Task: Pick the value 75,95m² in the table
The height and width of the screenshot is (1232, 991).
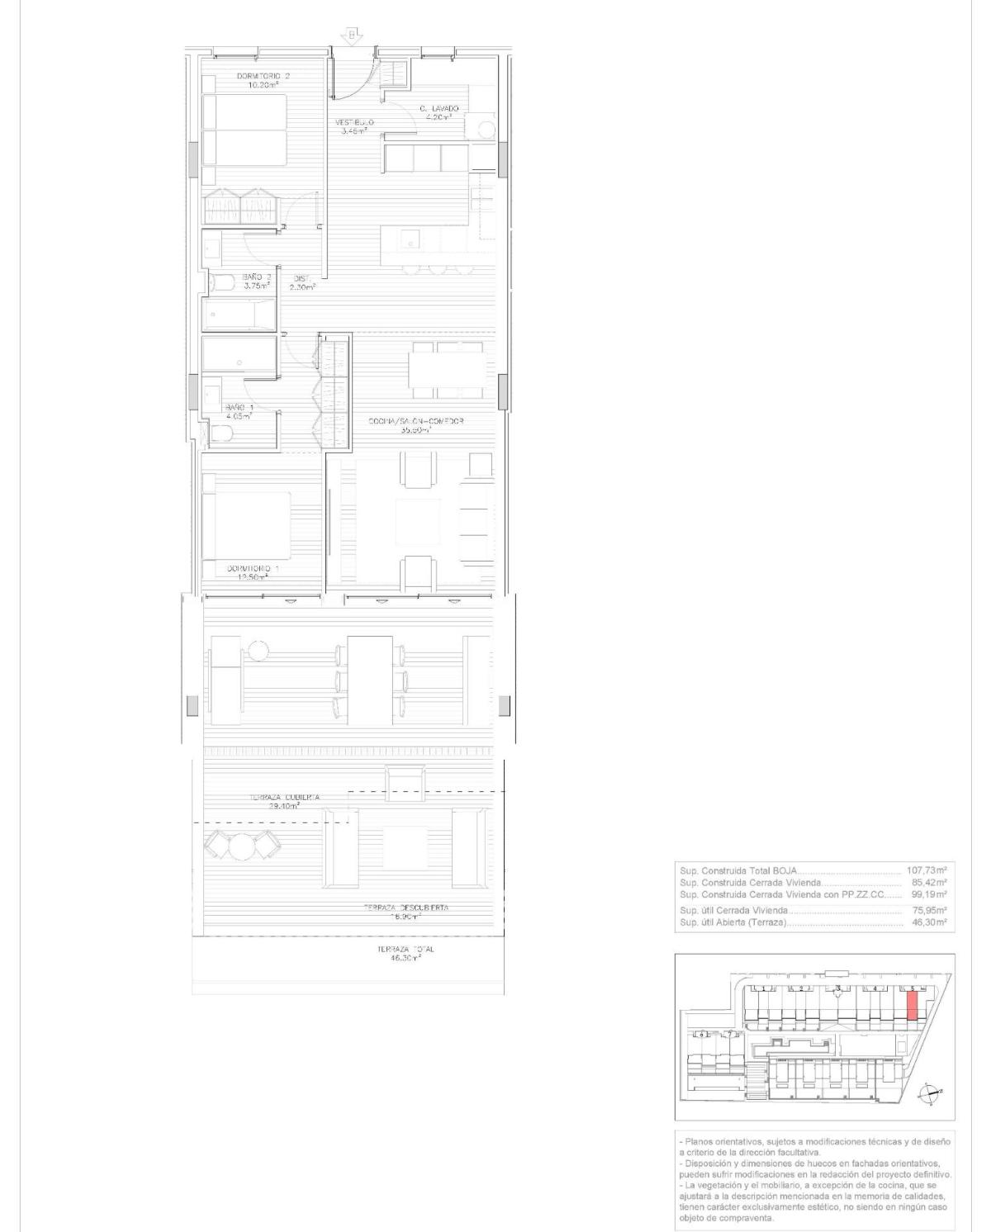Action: click(929, 910)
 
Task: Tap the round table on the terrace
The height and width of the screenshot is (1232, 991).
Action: click(244, 846)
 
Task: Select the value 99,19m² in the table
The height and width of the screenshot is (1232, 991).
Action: click(929, 894)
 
